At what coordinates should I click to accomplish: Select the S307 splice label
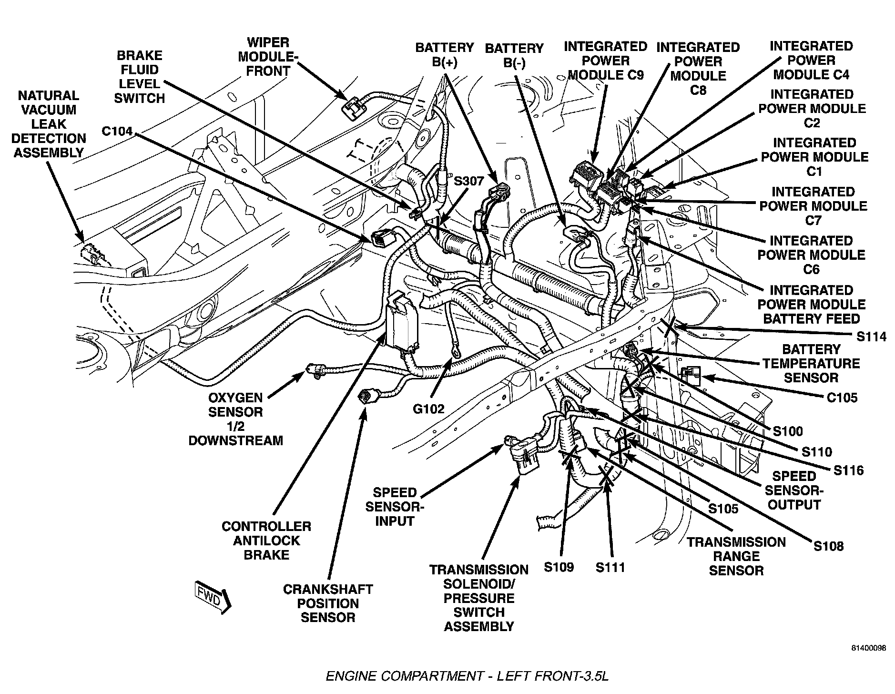coord(468,181)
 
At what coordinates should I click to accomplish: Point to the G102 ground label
coord(428,408)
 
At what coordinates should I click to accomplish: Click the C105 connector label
coord(842,397)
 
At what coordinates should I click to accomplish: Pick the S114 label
coord(871,337)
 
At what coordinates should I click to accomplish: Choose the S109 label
coord(559,567)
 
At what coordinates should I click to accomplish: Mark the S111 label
coord(610,567)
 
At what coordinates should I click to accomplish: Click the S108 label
coord(829,546)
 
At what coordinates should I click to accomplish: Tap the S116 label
coord(848,470)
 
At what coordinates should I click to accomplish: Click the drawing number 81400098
coord(869,649)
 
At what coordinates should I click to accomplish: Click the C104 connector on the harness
coord(381,237)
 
